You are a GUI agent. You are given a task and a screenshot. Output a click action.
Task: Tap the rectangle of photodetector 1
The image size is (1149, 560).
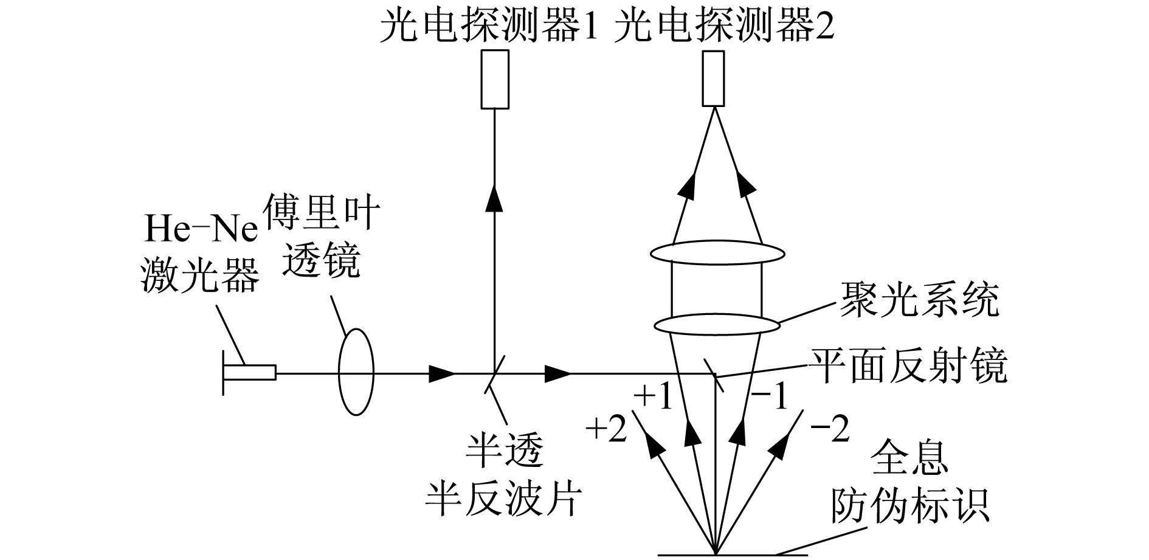pyautogui.click(x=495, y=80)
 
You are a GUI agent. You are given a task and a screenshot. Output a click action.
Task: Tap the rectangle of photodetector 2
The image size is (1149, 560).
pyautogui.click(x=713, y=78)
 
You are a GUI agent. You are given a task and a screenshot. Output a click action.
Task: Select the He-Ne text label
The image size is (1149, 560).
pyautogui.click(x=200, y=229)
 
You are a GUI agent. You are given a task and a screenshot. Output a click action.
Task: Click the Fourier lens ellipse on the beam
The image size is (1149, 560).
pyautogui.click(x=356, y=372)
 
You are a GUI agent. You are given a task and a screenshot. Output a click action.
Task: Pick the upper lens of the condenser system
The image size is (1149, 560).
pyautogui.click(x=717, y=252)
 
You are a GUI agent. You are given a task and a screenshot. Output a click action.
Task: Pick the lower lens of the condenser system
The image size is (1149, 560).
pyautogui.click(x=717, y=324)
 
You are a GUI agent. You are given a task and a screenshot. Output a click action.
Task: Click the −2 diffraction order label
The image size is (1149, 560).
pyautogui.click(x=830, y=430)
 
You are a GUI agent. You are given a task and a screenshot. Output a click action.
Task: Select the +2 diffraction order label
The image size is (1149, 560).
pyautogui.click(x=606, y=430)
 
